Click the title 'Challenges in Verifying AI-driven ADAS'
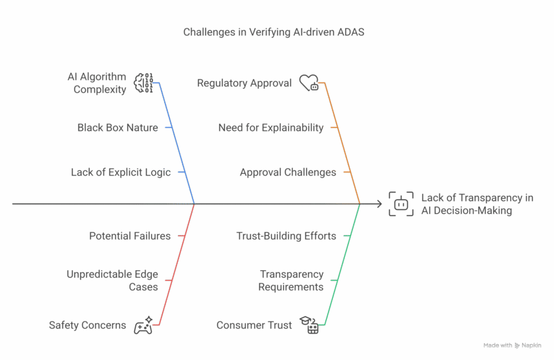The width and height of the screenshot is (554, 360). point(273,32)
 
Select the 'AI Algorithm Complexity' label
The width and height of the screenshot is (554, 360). point(96,83)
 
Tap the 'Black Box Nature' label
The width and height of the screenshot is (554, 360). point(118,128)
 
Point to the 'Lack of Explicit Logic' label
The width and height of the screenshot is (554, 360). point(121,173)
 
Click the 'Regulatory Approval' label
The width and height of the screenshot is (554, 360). point(244,83)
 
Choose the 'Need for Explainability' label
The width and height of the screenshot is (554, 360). point(271,128)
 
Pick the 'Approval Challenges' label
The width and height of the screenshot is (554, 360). point(288,173)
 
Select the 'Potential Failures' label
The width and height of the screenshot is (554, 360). point(130,236)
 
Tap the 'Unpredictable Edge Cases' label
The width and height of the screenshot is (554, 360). point(112,280)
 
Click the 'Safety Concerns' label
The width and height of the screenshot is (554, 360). point(87,325)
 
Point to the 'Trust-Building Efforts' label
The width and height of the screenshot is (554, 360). point(286,236)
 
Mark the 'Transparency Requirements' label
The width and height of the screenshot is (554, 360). point(291,280)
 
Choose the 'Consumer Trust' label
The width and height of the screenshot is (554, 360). point(254,325)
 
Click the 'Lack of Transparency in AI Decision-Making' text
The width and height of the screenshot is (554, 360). point(477,204)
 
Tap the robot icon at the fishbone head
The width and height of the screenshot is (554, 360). point(401,204)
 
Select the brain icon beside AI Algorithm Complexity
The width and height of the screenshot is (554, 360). point(143,83)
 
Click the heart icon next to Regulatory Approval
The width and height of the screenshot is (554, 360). point(309,83)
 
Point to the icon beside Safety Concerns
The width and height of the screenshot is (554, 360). point(143,325)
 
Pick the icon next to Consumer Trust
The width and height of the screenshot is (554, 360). point(309,325)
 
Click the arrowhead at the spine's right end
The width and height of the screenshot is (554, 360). point(379,204)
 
